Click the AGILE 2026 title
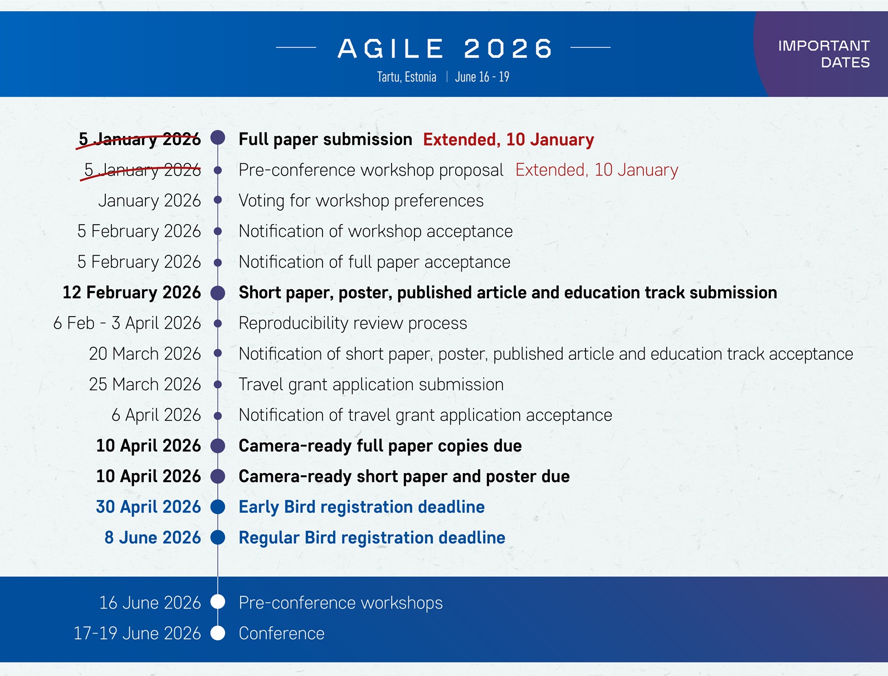[445, 48]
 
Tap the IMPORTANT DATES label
[823, 54]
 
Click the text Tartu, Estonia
[407, 77]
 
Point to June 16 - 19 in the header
[482, 77]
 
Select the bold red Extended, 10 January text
[508, 139]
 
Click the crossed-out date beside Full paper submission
[139, 139]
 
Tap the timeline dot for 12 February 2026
[218, 293]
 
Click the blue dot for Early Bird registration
[218, 507]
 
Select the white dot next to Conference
[218, 633]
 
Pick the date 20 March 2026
[145, 354]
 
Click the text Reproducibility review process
[353, 323]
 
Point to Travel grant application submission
[371, 385]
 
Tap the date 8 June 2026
[153, 537]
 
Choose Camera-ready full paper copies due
[380, 446]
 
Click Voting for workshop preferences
[361, 201]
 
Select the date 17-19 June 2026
[137, 633]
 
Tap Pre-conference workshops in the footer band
[340, 602]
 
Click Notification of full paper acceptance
[374, 262]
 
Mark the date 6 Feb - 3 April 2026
[127, 323]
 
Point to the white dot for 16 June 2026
[218, 602]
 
